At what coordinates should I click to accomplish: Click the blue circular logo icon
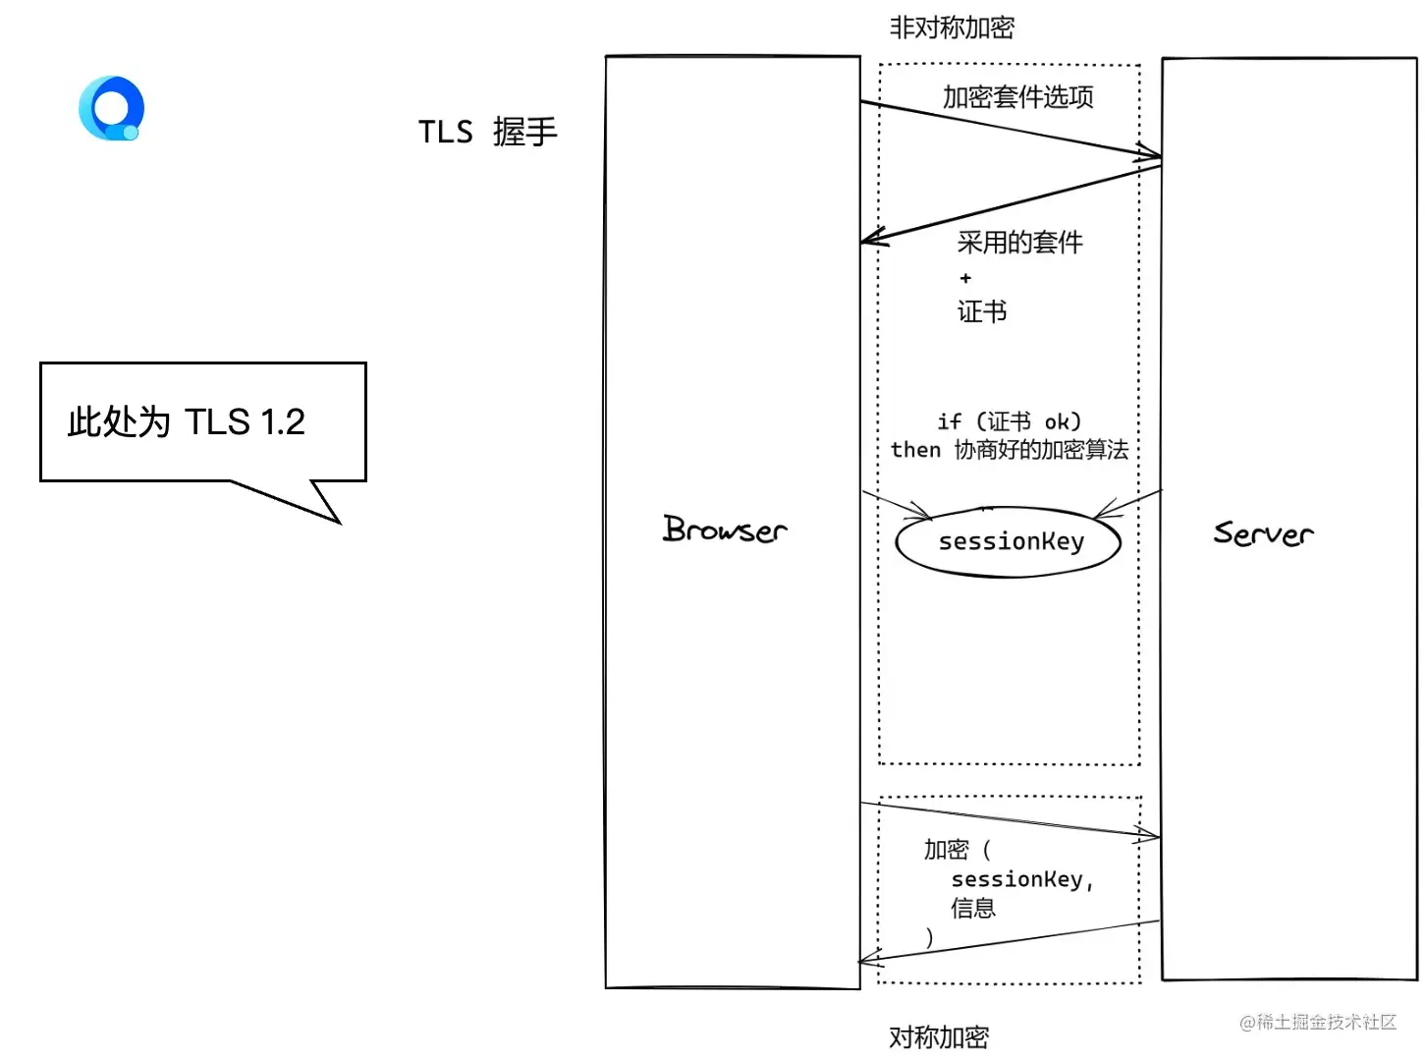[x=111, y=108]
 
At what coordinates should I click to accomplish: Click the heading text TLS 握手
[x=487, y=132]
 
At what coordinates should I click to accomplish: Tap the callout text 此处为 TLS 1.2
[x=187, y=422]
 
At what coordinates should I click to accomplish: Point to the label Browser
[x=725, y=530]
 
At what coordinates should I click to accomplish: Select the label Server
[x=1263, y=533]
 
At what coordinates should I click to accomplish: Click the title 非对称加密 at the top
[x=951, y=28]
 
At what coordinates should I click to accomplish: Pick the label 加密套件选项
[x=1017, y=96]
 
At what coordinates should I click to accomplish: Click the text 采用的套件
[x=1019, y=242]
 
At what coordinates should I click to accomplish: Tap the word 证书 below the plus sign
[x=981, y=311]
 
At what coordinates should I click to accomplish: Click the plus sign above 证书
[x=965, y=278]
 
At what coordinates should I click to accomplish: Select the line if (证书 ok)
[x=1009, y=421]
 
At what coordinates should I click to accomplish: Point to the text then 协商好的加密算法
[x=1009, y=450]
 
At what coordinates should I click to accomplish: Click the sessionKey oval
[x=1010, y=541]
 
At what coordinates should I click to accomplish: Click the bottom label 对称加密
[x=938, y=1036]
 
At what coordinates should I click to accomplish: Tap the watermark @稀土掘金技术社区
[x=1317, y=1022]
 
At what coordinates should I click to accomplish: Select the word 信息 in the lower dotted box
[x=972, y=908]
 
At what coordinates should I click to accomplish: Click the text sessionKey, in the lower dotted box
[x=1021, y=879]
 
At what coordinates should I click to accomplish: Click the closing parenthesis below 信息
[x=929, y=937]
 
